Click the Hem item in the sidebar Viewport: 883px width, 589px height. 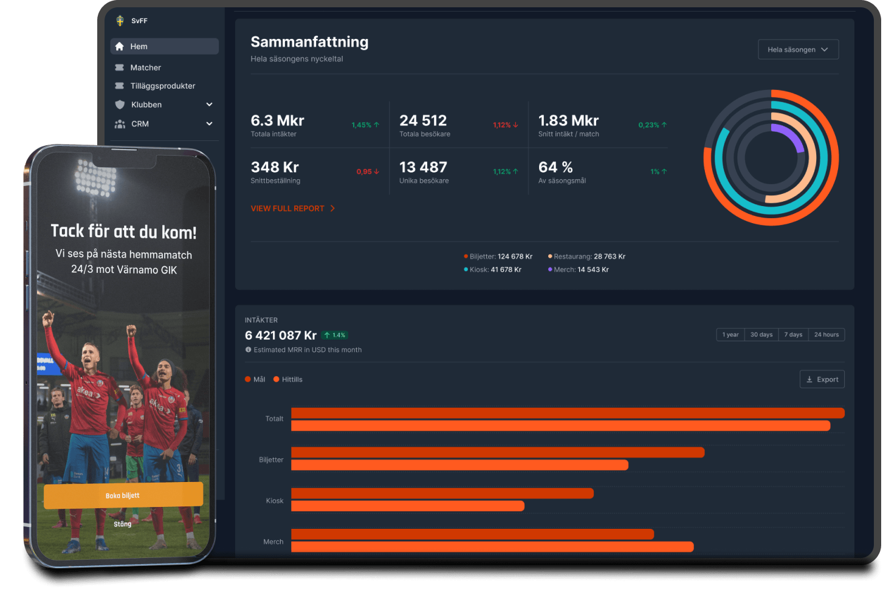coord(139,47)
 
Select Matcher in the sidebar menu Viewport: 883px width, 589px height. coord(145,67)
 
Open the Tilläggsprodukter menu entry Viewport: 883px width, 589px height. coord(162,86)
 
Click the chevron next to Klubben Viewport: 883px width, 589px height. coord(209,105)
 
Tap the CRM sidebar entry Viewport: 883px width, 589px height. coord(140,124)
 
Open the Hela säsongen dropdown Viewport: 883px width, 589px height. coord(798,50)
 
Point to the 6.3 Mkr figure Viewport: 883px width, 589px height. coord(277,120)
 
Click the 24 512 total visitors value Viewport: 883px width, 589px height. coord(423,120)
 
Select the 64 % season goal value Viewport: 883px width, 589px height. coord(555,167)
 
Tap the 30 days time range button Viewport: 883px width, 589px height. coord(761,335)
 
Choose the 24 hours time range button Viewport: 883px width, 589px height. coord(826,335)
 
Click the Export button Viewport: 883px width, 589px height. coord(822,379)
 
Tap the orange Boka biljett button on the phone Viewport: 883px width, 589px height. coord(123,495)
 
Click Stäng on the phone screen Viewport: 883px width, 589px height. coord(122,524)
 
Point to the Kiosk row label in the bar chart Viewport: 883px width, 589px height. coord(275,501)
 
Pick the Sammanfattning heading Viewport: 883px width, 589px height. coord(309,42)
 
